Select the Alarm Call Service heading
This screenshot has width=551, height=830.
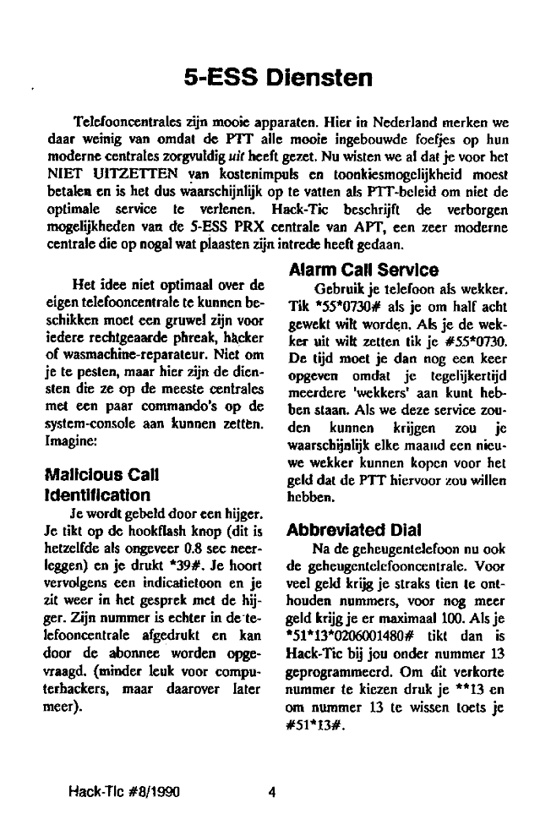click(363, 270)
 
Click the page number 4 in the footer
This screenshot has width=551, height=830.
click(272, 793)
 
